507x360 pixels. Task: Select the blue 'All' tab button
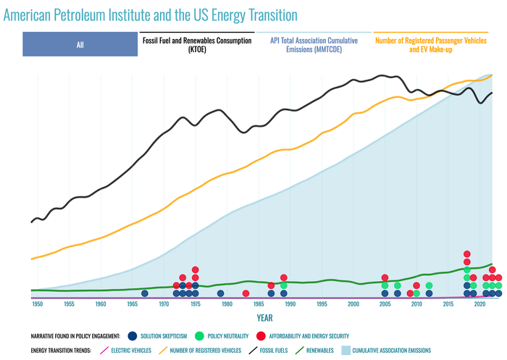(80, 45)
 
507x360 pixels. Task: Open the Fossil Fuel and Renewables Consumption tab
(196, 45)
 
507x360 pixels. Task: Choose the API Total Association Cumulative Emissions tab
(314, 45)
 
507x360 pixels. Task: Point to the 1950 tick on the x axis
(37, 305)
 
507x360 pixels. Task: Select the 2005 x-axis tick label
(385, 305)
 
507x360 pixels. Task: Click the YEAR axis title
(264, 318)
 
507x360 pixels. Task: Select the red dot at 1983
(246, 293)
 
